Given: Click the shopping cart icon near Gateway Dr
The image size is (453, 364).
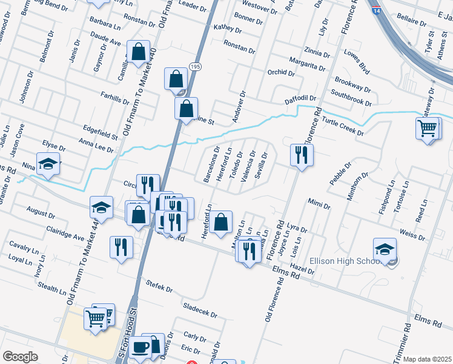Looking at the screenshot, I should click(428, 129).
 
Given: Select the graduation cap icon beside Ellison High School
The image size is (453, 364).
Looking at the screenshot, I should click(385, 249).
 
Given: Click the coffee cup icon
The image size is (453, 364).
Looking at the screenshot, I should click(141, 348).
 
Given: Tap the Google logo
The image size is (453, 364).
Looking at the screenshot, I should click(20, 357).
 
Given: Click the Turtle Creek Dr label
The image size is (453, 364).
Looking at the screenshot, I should click(342, 126).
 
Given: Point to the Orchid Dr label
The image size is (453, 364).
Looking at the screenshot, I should click(280, 73).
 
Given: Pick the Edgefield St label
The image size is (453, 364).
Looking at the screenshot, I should click(100, 130).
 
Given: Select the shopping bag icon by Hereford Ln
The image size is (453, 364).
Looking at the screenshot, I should click(222, 222).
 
